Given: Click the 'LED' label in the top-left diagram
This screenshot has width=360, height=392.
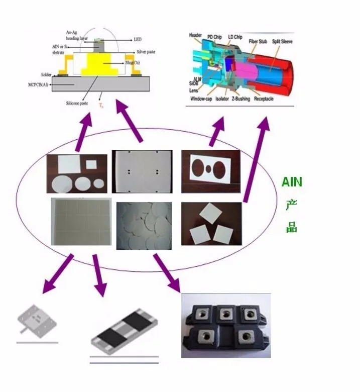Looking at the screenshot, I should coord(137,39).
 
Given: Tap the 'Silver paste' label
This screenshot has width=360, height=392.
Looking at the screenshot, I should coord(146,52).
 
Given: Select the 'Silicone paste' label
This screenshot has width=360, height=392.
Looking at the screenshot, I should coord(76,103).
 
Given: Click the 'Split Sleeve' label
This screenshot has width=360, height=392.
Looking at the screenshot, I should coord(282,41).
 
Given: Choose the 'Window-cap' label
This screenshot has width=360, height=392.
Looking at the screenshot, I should coord(201,99).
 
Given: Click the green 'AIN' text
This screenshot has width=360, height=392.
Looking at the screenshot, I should coord(292,181).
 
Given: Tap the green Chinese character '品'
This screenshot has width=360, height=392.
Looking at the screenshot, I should coord(292,227).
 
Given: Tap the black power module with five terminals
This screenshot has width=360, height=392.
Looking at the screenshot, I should coord(225,325).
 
